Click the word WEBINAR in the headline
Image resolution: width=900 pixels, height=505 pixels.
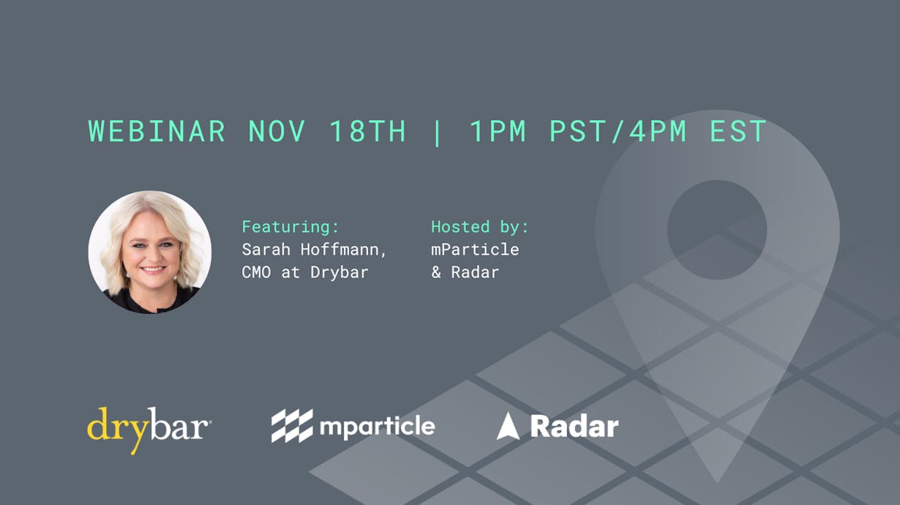pyautogui.click(x=157, y=131)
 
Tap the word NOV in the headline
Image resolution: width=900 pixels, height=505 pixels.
pyautogui.click(x=277, y=131)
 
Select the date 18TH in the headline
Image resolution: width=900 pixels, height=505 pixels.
pyautogui.click(x=367, y=131)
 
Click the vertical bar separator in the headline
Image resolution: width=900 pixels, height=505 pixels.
pyautogui.click(x=437, y=132)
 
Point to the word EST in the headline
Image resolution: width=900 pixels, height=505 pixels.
pyautogui.click(x=738, y=131)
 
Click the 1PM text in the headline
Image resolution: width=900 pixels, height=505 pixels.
pyautogui.click(x=498, y=131)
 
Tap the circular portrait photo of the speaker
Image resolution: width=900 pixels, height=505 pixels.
pyautogui.click(x=150, y=252)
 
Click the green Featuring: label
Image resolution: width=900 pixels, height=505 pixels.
pyautogui.click(x=290, y=227)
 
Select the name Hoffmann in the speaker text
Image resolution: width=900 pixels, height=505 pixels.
pyautogui.click(x=343, y=250)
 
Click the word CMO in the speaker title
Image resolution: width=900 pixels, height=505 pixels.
pyautogui.click(x=256, y=272)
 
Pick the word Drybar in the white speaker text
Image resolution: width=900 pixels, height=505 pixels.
pyautogui.click(x=339, y=272)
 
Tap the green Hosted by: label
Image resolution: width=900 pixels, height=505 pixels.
pyautogui.click(x=480, y=227)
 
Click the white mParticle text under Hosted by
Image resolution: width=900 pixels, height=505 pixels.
pyautogui.click(x=475, y=250)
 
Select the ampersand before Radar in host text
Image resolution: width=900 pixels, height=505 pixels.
pyautogui.click(x=436, y=272)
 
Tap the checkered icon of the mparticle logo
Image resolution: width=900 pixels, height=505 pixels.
pyautogui.click(x=292, y=426)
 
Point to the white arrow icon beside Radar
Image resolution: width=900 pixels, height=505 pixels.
pyautogui.click(x=509, y=426)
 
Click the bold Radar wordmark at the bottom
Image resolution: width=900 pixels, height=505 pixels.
pyautogui.click(x=574, y=426)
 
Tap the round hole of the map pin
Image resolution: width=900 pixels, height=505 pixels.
pyautogui.click(x=717, y=230)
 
